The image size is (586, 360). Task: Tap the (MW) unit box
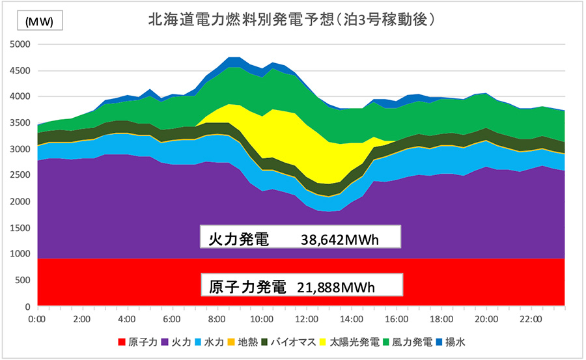tap(44, 21)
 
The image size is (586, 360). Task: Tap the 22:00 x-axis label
tap(532, 320)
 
